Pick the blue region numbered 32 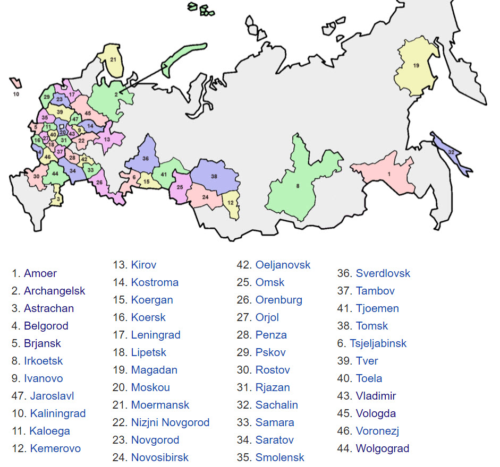451,151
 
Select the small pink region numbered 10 16,83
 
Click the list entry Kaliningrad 57,413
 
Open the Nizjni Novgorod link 170,422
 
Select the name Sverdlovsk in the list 383,273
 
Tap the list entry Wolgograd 382,448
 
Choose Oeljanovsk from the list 283,265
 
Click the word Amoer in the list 40,273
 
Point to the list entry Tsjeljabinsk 378,343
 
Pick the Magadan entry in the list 154,370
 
